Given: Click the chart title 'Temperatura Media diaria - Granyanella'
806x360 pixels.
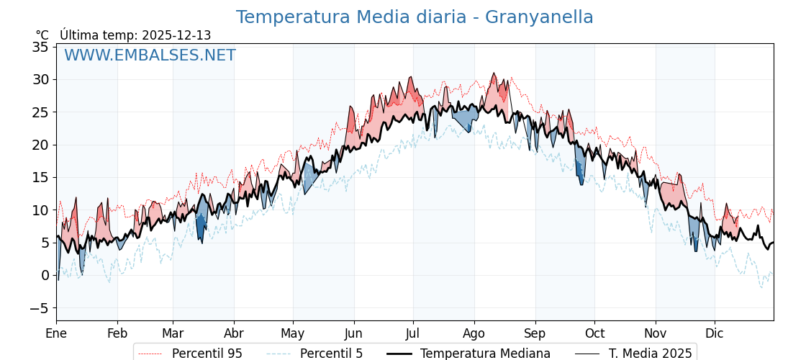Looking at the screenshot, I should [415, 17].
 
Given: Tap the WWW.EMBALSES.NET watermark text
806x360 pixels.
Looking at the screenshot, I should [150, 55].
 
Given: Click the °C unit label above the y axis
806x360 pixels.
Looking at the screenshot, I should [42, 35].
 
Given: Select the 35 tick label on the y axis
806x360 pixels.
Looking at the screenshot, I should [40, 47].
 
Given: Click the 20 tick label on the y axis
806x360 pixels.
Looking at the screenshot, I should [40, 145].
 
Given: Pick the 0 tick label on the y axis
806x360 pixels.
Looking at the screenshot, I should [45, 275].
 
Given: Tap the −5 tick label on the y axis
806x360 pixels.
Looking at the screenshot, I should [40, 308].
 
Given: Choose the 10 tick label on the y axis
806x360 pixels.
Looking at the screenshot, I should [40, 210].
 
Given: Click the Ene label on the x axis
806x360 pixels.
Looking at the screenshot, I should [56, 333].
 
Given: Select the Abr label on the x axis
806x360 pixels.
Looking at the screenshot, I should [234, 333].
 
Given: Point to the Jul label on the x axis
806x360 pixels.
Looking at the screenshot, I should [413, 333].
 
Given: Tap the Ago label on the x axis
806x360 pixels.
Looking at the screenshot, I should [474, 333].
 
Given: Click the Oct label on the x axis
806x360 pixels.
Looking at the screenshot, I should [594, 333].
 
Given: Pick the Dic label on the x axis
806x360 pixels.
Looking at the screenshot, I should [715, 333].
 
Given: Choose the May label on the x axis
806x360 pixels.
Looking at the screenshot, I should [293, 333].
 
